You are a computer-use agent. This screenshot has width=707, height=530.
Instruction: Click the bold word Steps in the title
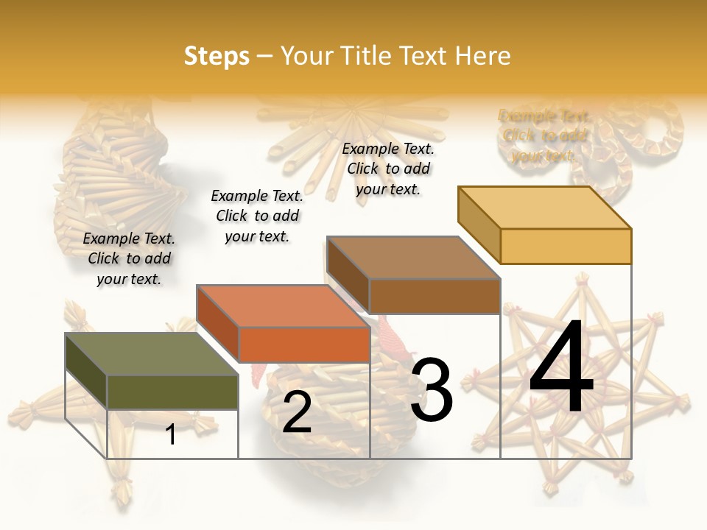(x=217, y=56)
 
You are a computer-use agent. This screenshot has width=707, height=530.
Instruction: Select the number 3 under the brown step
(x=432, y=390)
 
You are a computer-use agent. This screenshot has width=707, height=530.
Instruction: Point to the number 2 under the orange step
(x=297, y=412)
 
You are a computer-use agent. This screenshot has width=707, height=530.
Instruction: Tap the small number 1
(x=171, y=434)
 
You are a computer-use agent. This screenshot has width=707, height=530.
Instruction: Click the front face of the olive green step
(x=172, y=392)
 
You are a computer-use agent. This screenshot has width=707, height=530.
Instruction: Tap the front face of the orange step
(x=303, y=344)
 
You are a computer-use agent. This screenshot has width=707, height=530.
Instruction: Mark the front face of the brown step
(x=435, y=296)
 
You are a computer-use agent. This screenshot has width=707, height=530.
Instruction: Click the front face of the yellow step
(x=566, y=246)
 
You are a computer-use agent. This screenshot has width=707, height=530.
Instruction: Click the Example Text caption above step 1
(x=129, y=258)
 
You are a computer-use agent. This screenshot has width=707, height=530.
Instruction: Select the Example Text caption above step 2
(x=257, y=216)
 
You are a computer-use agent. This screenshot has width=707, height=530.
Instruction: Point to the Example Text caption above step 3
(x=388, y=169)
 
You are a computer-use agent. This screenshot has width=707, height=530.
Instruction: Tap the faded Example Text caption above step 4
(x=544, y=135)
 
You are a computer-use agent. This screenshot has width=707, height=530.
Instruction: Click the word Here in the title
(x=482, y=56)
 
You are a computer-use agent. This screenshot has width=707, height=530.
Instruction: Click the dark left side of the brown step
(x=348, y=274)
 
